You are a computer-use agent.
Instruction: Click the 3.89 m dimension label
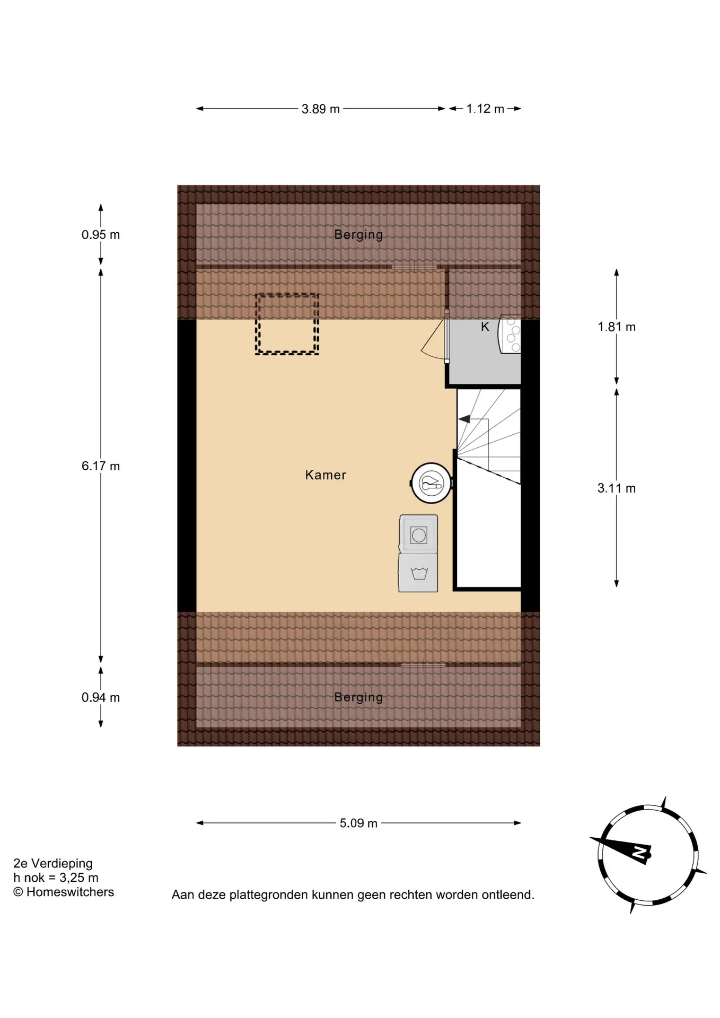coord(320,109)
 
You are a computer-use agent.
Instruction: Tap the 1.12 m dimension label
coord(485,109)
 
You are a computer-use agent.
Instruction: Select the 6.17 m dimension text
coord(101,466)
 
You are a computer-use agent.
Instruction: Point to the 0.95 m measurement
coord(101,234)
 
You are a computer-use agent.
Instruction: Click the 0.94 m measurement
coord(101,697)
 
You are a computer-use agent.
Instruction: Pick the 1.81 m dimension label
coord(617,327)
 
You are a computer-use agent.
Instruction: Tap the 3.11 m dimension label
coord(617,488)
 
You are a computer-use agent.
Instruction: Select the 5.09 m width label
coord(358,823)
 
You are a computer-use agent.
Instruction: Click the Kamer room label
coord(326,475)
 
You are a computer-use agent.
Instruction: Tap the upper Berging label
coord(358,235)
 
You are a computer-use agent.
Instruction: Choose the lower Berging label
coord(358,698)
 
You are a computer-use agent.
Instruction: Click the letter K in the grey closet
coord(485,327)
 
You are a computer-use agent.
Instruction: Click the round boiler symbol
coord(431,483)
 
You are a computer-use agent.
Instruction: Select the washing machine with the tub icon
coord(418,573)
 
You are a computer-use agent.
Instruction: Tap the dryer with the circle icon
coord(418,534)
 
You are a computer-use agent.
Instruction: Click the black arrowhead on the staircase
coord(464,419)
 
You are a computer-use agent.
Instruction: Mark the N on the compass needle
coord(640,853)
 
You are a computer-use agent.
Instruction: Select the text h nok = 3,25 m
coord(56,877)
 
